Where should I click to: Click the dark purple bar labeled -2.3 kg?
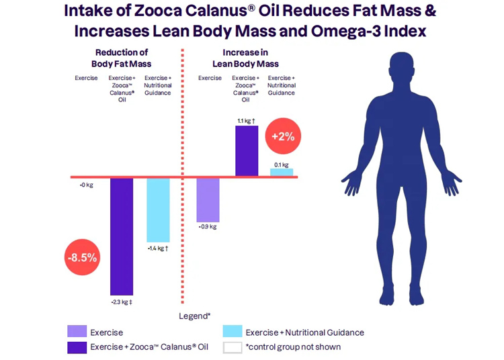point(122,236)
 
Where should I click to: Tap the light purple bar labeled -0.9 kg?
point(208,199)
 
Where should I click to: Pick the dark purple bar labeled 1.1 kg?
point(247,150)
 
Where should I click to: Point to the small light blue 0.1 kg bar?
point(282,173)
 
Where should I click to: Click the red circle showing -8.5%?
point(82,257)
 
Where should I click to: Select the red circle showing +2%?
point(284,136)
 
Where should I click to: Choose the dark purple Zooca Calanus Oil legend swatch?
point(77,347)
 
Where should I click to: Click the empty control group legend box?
point(232,347)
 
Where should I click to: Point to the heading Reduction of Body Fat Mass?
point(122,58)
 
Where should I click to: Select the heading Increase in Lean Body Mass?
point(246,58)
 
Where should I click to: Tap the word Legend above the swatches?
point(194,315)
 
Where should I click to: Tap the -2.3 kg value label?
point(121,302)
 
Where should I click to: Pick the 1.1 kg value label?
point(246,120)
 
